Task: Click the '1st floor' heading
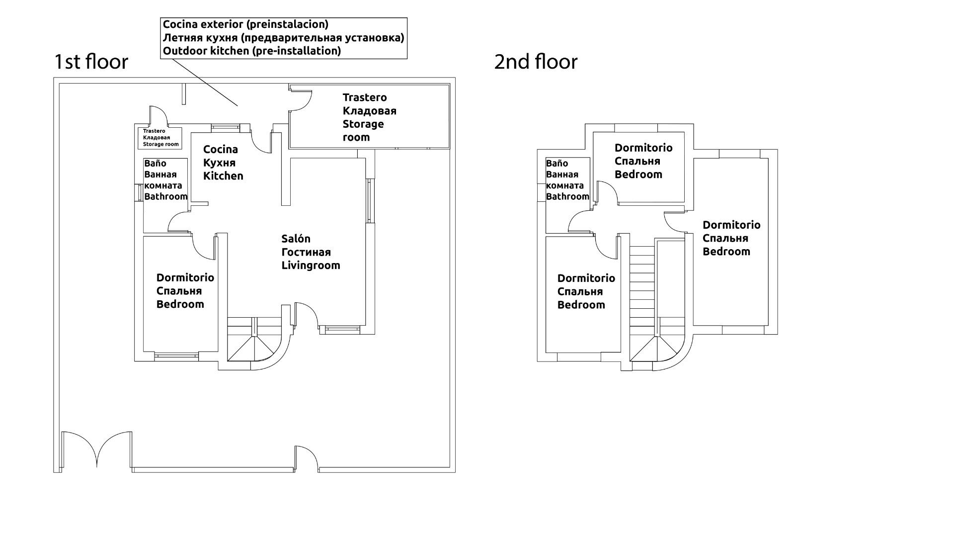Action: pyautogui.click(x=91, y=62)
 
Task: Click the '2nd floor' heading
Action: pyautogui.click(x=536, y=62)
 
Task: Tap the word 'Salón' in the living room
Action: pyautogui.click(x=296, y=239)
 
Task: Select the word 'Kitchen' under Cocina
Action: pyautogui.click(x=223, y=176)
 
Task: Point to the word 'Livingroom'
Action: pyautogui.click(x=311, y=266)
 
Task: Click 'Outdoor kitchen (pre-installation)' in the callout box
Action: pyautogui.click(x=251, y=51)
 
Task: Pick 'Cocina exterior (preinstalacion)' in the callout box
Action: pyautogui.click(x=245, y=24)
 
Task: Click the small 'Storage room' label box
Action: pyautogui.click(x=160, y=138)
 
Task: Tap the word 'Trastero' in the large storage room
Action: pyautogui.click(x=364, y=97)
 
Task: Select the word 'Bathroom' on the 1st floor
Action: pyautogui.click(x=165, y=196)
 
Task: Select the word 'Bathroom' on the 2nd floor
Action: pyautogui.click(x=567, y=196)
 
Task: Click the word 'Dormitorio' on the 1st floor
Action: pyautogui.click(x=185, y=278)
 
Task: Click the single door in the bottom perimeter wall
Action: pyautogui.click(x=307, y=457)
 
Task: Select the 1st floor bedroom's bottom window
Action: pyautogui.click(x=176, y=355)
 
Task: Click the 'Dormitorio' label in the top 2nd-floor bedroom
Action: pyautogui.click(x=643, y=148)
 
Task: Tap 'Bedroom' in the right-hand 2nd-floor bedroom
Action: pyautogui.click(x=726, y=252)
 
